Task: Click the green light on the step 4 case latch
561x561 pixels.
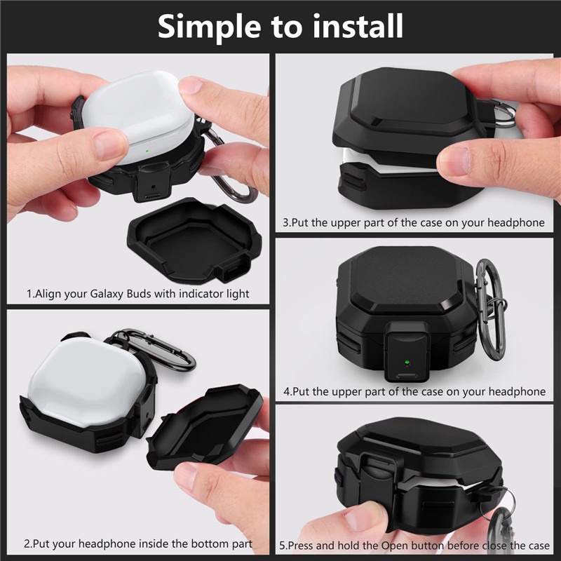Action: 406,362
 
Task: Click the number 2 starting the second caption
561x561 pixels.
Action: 27,543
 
